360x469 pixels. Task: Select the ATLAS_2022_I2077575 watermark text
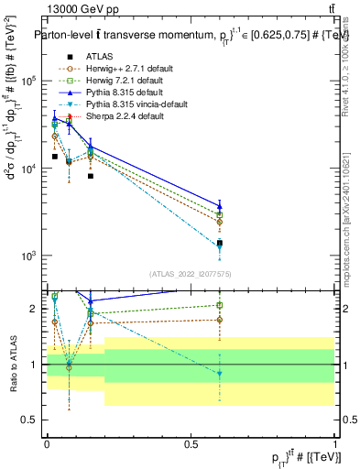click(191, 274)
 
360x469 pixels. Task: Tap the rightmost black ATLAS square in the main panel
click(220, 244)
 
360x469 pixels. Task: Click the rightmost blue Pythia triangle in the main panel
click(220, 205)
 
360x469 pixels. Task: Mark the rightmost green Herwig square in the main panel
click(220, 214)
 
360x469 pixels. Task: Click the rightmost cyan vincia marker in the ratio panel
click(220, 373)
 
